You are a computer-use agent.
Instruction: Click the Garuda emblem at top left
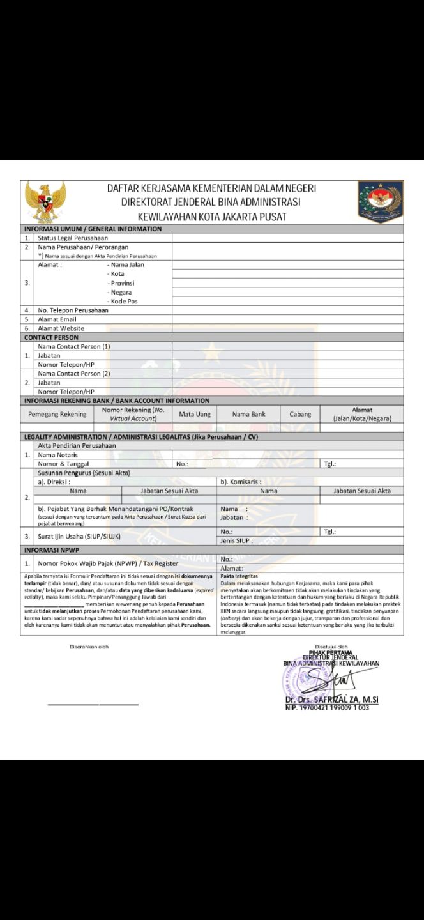pyautogui.click(x=45, y=201)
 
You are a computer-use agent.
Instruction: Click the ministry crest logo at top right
pyautogui.click(x=380, y=201)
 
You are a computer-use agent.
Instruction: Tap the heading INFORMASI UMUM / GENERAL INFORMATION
pyautogui.click(x=93, y=229)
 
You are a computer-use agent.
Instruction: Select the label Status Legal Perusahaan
pyautogui.click(x=72, y=238)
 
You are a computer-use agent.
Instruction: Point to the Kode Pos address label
pyautogui.click(x=124, y=301)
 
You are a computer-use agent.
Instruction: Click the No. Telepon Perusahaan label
pyautogui.click(x=73, y=310)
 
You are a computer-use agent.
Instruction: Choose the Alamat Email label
pyautogui.click(x=57, y=319)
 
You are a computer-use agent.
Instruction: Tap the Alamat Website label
pyautogui.click(x=61, y=328)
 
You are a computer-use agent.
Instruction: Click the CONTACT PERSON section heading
pyautogui.click(x=51, y=337)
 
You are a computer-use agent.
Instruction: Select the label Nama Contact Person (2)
pyautogui.click(x=74, y=374)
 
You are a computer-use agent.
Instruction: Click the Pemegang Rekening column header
pyautogui.click(x=57, y=414)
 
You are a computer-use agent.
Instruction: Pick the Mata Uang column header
pyautogui.click(x=194, y=414)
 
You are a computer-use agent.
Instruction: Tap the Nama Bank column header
pyautogui.click(x=248, y=414)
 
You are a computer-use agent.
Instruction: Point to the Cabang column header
pyautogui.click(x=300, y=414)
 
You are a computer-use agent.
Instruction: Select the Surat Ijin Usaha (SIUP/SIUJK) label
pyautogui.click(x=79, y=536)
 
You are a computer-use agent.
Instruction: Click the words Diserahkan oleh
pyautogui.click(x=89, y=647)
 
